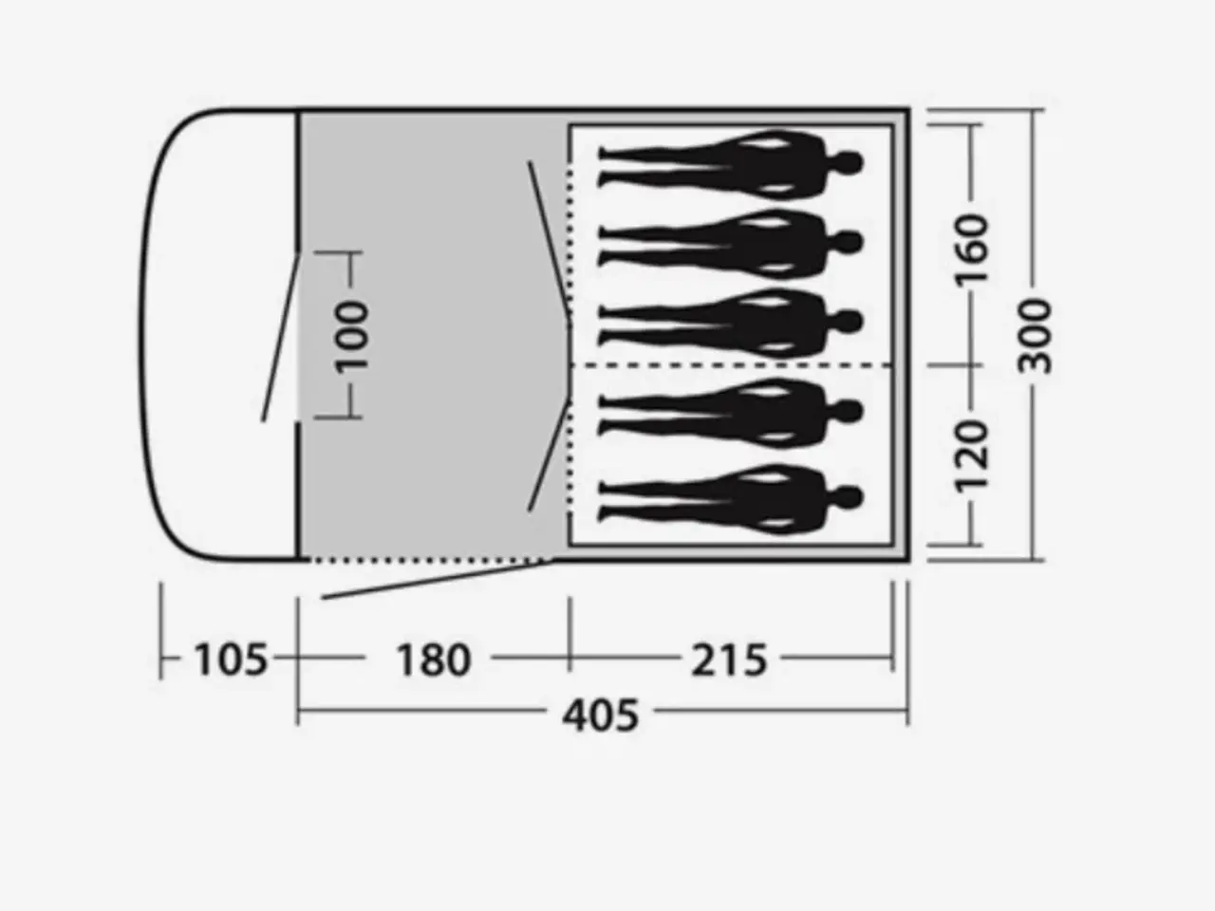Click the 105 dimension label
coord(231,660)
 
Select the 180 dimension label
coord(434,660)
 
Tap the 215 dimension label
coord(730,660)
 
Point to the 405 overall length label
coord(601,716)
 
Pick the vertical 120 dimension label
coord(973,456)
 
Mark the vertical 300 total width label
coord(1035,336)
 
